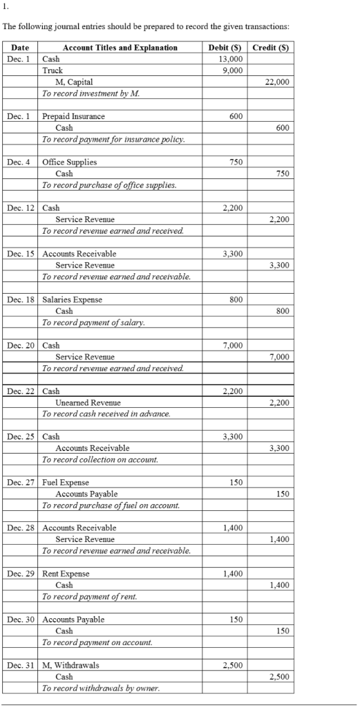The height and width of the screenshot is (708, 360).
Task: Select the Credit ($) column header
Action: click(x=271, y=48)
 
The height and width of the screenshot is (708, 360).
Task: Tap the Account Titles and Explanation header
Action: click(x=120, y=48)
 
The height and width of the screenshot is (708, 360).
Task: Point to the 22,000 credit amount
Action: click(x=277, y=82)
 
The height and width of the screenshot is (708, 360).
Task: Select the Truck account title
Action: click(x=53, y=71)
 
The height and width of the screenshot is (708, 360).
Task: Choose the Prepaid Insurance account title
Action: click(x=74, y=117)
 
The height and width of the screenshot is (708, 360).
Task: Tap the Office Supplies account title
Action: click(x=70, y=162)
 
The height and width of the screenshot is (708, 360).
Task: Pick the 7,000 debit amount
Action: click(x=233, y=345)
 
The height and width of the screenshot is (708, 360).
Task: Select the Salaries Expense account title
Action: click(x=73, y=299)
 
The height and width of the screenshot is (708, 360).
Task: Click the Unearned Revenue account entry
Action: click(x=88, y=402)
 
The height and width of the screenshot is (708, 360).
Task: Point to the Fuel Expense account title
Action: click(x=66, y=482)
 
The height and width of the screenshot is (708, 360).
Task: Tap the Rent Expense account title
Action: click(x=66, y=573)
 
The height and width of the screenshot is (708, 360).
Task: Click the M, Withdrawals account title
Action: click(x=71, y=665)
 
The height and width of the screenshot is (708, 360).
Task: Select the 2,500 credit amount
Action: click(x=279, y=676)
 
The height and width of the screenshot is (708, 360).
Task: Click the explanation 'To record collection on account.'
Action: click(x=100, y=459)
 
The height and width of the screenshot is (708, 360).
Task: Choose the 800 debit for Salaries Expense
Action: click(x=236, y=299)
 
